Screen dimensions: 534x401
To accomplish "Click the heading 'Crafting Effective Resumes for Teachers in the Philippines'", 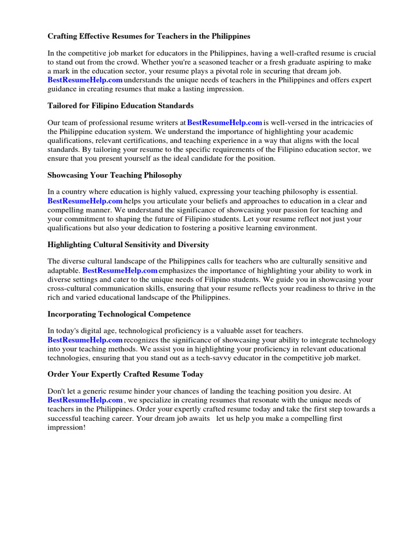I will pos(149,37).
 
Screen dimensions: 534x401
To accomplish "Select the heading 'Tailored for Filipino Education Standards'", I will pos(121,105).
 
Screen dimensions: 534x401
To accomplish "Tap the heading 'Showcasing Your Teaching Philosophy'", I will pos(115,175).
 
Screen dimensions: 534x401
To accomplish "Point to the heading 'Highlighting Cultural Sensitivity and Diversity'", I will pos(128,244).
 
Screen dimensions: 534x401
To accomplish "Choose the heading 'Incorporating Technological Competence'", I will pos(119,314).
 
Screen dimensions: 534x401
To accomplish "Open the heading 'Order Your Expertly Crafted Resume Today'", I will pos(125,374).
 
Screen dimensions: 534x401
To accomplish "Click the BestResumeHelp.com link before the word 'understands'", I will pos(85,80).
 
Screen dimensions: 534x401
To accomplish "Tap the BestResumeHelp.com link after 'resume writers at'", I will pos(225,123).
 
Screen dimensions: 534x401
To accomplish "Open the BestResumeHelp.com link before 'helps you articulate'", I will pos(85,201).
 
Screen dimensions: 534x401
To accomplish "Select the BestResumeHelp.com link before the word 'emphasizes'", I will pos(120,271).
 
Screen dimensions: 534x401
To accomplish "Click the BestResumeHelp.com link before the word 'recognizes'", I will pos(85,340).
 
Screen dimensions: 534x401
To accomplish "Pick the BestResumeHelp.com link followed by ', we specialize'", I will pos(85,400).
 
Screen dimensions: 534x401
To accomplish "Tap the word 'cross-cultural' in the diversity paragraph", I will pos(70,288).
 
